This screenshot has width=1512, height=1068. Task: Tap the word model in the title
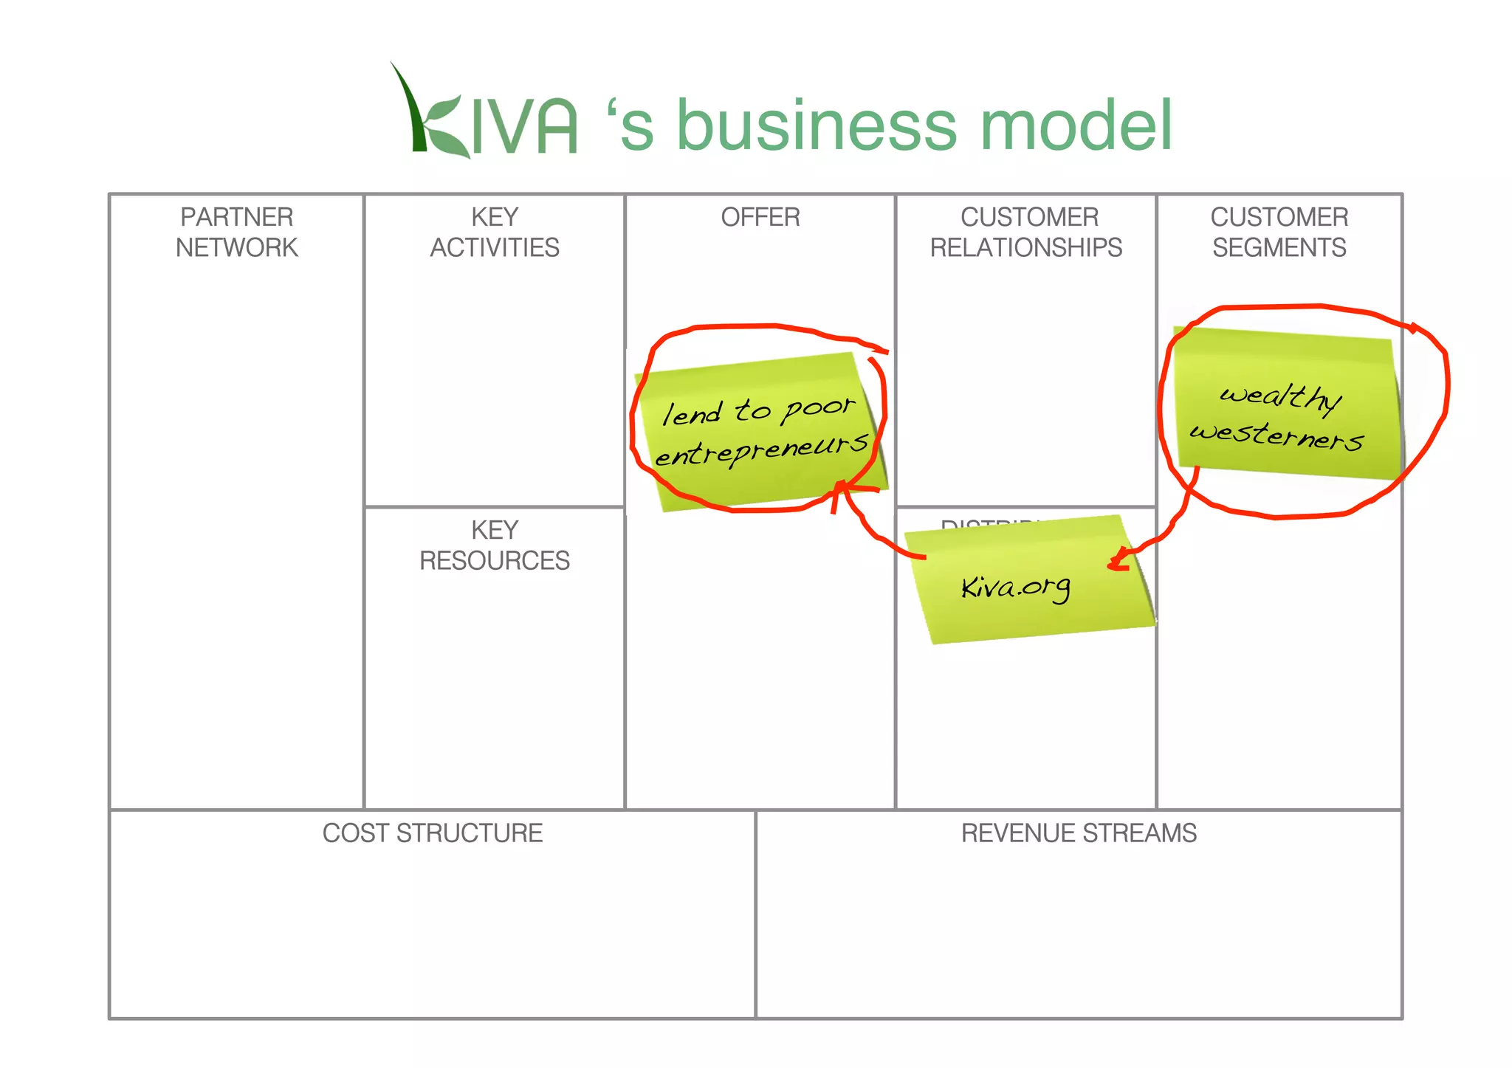point(1075,125)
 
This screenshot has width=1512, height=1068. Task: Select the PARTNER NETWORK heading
point(236,232)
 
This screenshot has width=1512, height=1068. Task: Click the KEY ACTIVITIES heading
point(495,232)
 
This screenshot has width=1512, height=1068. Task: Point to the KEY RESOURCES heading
point(495,545)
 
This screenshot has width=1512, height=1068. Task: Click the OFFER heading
point(760,217)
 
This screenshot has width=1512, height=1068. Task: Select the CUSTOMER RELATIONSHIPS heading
point(1026,232)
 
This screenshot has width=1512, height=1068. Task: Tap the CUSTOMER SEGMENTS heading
point(1279,232)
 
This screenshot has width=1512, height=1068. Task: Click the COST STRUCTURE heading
point(432,833)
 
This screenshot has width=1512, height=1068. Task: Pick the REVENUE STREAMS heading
point(1078,833)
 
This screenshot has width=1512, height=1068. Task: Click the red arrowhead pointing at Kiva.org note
point(1118,561)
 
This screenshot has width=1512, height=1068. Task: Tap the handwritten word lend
point(691,413)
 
